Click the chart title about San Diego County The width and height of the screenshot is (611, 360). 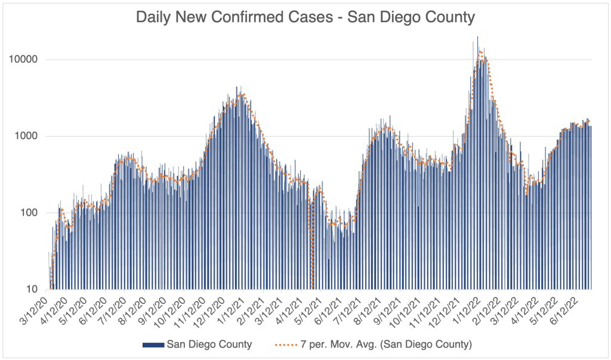pyautogui.click(x=305, y=17)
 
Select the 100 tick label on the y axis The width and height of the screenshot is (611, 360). pyautogui.click(x=30, y=213)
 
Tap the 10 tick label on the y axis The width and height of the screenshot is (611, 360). pyautogui.click(x=32, y=290)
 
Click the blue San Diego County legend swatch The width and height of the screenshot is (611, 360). pyautogui.click(x=153, y=344)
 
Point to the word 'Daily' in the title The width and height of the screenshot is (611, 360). pyautogui.click(x=157, y=17)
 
